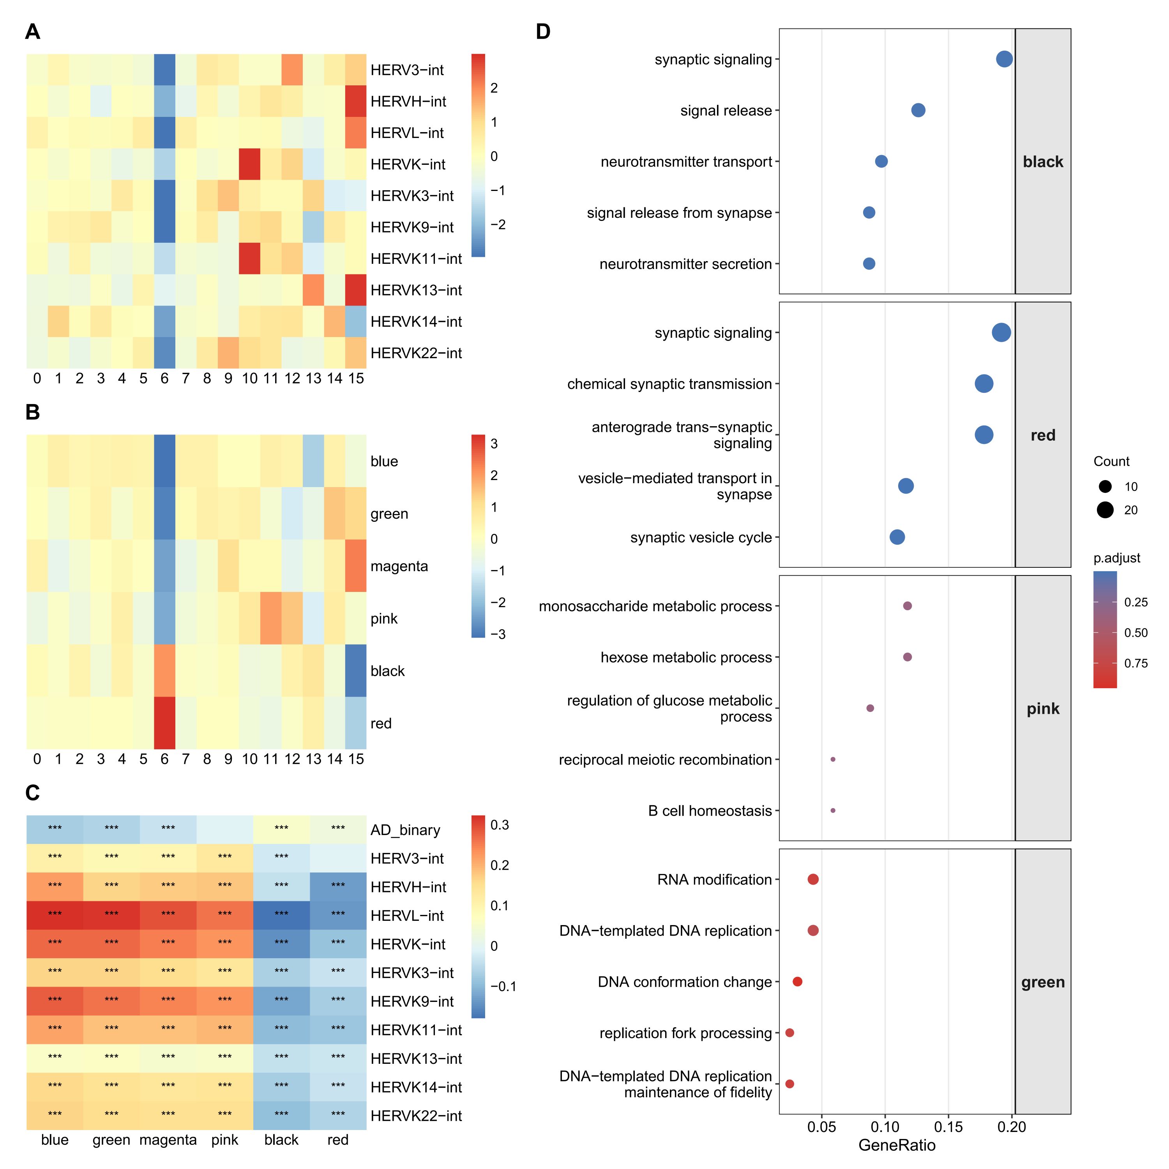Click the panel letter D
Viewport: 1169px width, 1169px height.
pos(543,32)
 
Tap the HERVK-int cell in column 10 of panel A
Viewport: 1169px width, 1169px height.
pos(250,164)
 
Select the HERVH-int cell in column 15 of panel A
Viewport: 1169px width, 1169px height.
pos(356,101)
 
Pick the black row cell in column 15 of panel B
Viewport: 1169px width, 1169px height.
pos(356,670)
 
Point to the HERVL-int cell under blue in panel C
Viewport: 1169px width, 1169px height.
pos(55,915)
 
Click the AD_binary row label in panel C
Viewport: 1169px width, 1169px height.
pos(405,830)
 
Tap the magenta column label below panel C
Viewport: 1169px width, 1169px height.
pos(168,1140)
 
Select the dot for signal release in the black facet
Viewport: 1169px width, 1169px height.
pos(918,110)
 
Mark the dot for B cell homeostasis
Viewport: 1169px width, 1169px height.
pos(833,810)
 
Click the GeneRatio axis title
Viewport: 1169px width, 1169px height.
pos(897,1145)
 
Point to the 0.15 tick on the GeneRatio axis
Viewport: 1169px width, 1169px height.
pos(948,1127)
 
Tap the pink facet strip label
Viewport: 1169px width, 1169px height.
pos(1042,708)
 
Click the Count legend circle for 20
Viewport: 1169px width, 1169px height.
pos(1105,510)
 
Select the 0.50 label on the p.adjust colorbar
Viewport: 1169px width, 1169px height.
pos(1136,632)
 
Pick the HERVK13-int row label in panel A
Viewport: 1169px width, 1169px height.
pos(416,290)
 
